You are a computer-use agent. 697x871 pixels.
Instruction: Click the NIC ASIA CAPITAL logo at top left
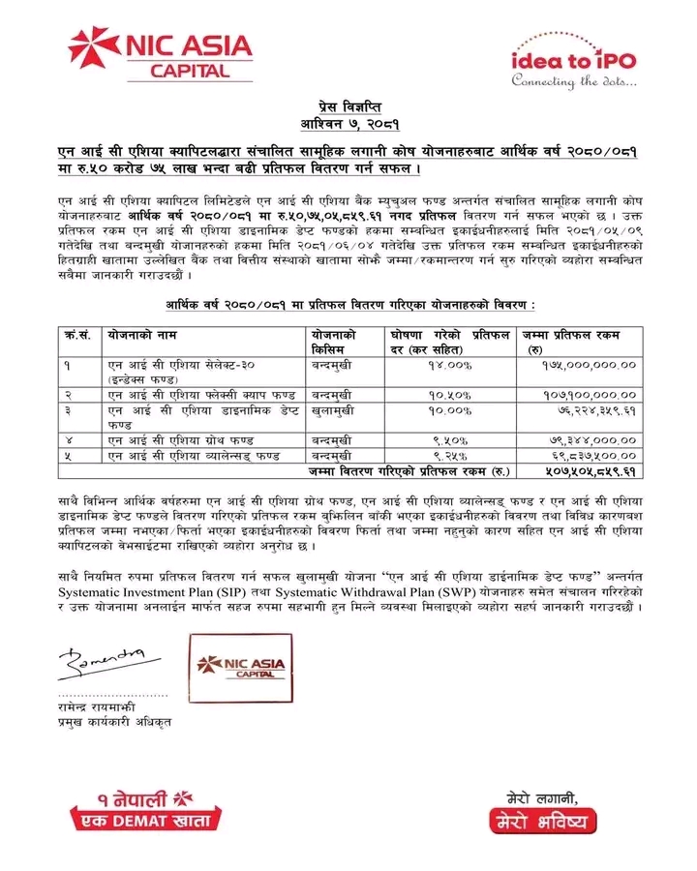[x=159, y=54]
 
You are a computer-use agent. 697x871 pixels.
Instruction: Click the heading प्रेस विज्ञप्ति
[x=348, y=106]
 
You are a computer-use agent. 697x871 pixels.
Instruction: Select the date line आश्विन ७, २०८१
[x=348, y=124]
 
